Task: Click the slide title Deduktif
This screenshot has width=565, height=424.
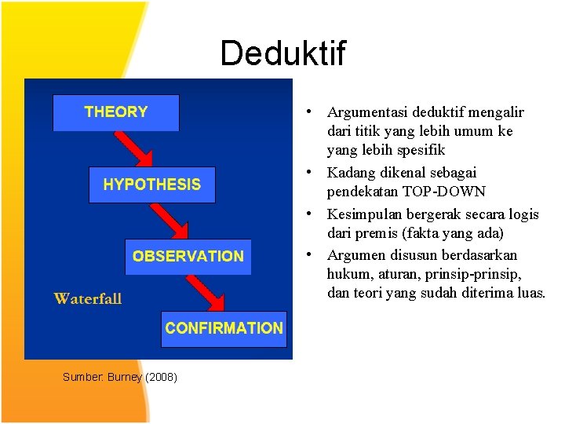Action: (282, 53)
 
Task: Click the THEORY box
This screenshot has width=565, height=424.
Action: (115, 112)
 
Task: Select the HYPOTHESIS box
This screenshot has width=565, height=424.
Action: (151, 185)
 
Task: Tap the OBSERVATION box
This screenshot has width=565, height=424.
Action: (188, 256)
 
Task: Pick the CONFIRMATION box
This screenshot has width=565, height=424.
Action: (224, 328)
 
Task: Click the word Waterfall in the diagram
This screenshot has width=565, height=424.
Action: (87, 298)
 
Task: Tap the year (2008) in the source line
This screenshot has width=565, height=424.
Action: (162, 378)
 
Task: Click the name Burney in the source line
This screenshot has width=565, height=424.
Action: (125, 378)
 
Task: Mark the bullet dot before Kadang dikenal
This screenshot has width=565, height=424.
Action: (312, 172)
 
